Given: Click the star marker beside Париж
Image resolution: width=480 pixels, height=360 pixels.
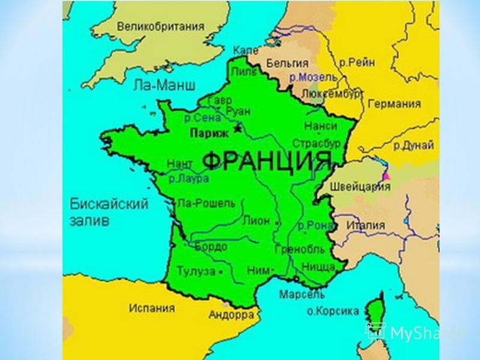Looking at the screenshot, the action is pyautogui.click(x=238, y=128).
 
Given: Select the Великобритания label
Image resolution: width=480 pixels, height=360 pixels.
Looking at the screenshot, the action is pyautogui.click(x=160, y=26).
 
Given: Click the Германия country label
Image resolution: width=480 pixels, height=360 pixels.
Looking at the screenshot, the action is pyautogui.click(x=394, y=104).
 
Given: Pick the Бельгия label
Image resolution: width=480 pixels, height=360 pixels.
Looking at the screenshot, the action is pyautogui.click(x=287, y=62).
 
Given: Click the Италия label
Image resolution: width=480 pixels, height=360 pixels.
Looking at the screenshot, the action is pyautogui.click(x=365, y=225).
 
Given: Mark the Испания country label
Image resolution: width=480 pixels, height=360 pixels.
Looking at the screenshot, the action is pyautogui.click(x=152, y=308).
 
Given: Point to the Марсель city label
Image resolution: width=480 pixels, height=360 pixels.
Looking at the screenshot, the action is pyautogui.click(x=301, y=295).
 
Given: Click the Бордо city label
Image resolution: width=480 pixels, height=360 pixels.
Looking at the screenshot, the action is pyautogui.click(x=211, y=247).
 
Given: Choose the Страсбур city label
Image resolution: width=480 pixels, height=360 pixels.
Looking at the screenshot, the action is pyautogui.click(x=316, y=144).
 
